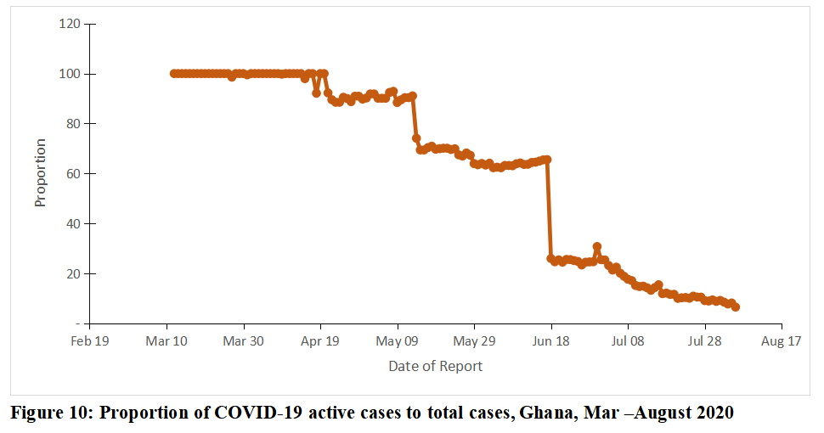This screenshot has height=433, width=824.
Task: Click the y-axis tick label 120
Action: [x=70, y=24]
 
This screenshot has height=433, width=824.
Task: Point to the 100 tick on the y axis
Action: [x=70, y=74]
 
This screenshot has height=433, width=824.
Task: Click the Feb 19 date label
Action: [x=89, y=341]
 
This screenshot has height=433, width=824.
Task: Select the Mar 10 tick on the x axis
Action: [x=166, y=341]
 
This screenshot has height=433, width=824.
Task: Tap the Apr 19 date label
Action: [x=320, y=341]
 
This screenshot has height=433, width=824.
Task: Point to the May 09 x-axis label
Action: [x=398, y=341]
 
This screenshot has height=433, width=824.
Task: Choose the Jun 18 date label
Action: [x=551, y=341]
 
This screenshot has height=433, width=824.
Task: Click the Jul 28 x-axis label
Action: [x=704, y=341]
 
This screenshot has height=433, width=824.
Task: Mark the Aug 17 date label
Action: [x=782, y=341]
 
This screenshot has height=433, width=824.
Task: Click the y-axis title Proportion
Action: [x=40, y=173]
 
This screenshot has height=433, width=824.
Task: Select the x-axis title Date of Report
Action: [x=435, y=367]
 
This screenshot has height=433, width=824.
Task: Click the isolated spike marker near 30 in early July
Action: [x=597, y=247]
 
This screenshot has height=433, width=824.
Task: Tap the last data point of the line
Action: [x=736, y=306]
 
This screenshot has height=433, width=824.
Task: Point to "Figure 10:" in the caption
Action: [x=50, y=413]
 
